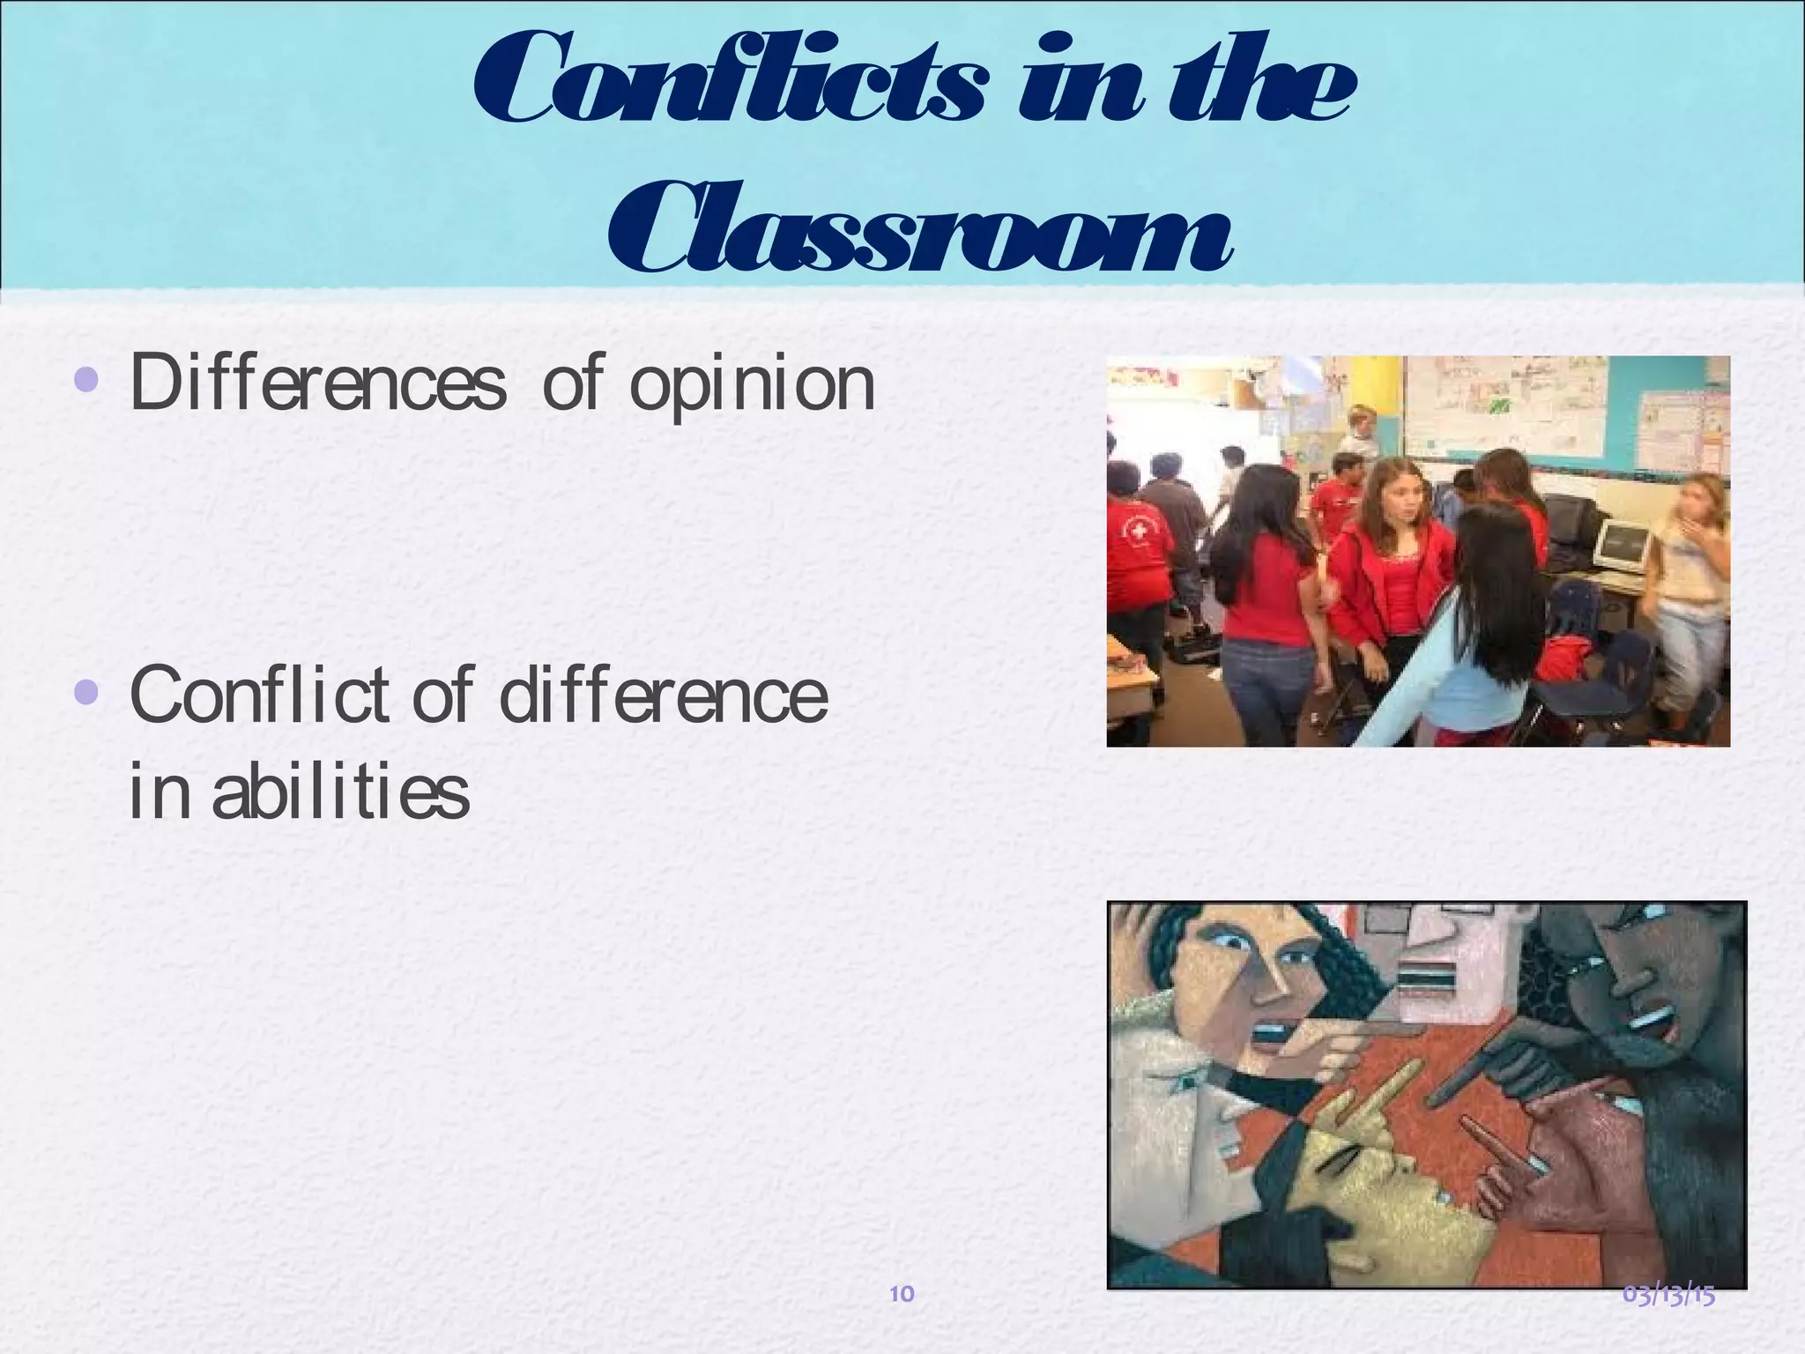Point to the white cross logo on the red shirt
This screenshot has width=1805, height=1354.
(x=1141, y=533)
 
